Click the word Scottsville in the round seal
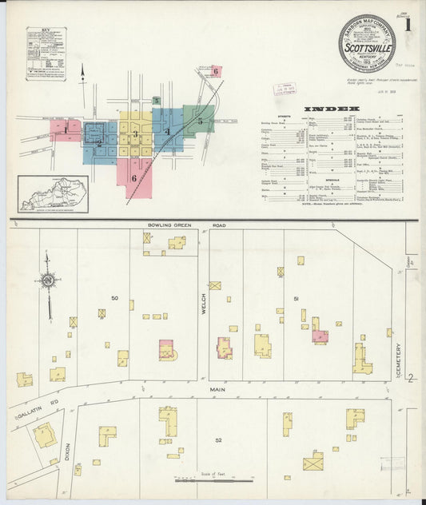(x=365, y=45)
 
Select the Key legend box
(x=46, y=54)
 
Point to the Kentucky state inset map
(x=54, y=194)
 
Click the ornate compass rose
(x=49, y=281)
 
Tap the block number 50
(x=115, y=298)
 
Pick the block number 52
(x=217, y=439)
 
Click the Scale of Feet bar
(x=214, y=481)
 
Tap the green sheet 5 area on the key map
(x=199, y=121)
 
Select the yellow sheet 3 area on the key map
(x=136, y=134)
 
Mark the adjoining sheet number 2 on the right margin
(x=410, y=378)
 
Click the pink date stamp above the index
(x=283, y=89)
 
